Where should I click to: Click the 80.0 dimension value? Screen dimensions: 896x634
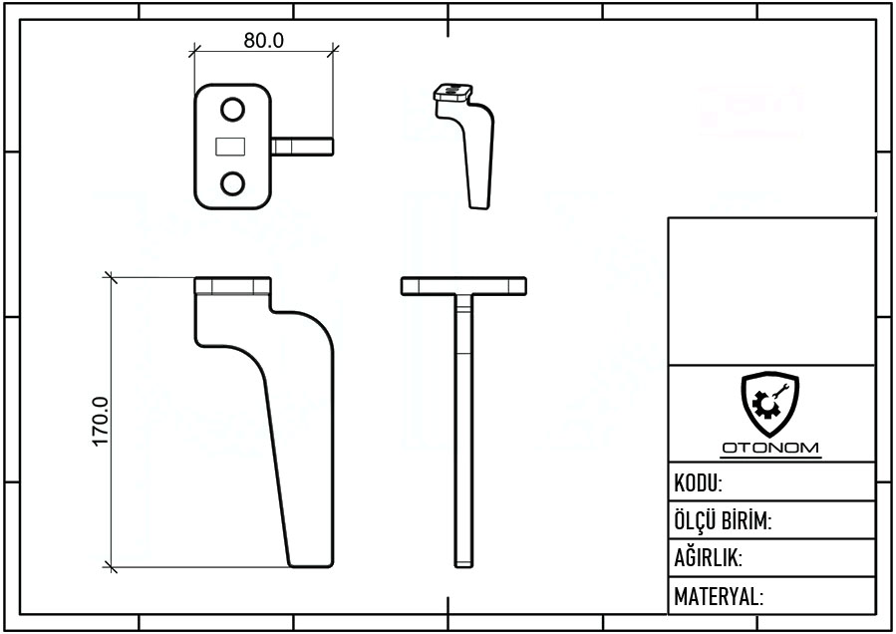point(263,41)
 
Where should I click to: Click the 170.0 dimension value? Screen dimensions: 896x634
point(100,422)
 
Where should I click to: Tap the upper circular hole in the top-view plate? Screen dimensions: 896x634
point(232,110)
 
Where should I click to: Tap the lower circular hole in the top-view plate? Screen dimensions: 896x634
point(232,184)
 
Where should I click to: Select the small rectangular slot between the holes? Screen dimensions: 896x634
point(230,147)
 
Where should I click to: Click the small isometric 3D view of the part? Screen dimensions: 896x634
point(464,147)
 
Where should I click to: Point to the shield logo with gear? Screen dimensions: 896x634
point(769,404)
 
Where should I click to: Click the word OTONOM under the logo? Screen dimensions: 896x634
point(770,448)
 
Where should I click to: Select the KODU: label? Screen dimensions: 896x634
point(698,483)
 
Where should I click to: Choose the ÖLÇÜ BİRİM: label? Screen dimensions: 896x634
point(723,520)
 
